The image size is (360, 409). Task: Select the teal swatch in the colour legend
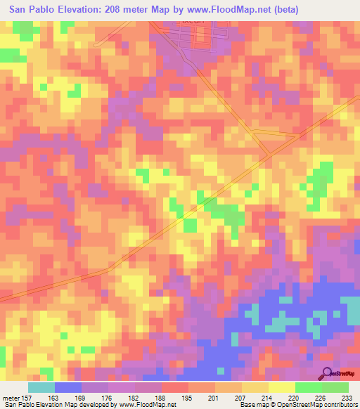click(41, 387)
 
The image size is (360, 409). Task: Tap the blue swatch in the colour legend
click(68, 387)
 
